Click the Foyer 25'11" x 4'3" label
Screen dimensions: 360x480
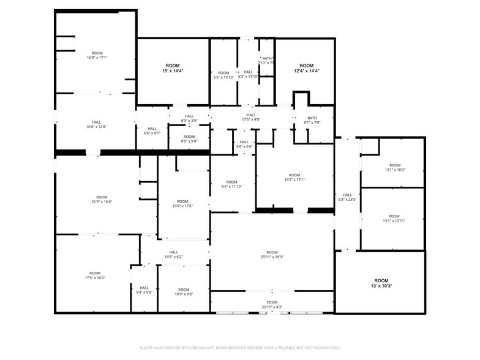[272, 304]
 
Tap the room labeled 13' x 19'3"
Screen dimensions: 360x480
[381, 283]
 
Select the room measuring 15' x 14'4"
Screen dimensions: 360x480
[173, 68]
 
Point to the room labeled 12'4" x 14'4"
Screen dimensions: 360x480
[306, 68]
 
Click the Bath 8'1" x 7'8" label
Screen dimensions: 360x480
[312, 120]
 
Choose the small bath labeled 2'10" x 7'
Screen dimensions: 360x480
[266, 61]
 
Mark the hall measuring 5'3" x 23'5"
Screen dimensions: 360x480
[347, 197]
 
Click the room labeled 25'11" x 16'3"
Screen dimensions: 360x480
[272, 255]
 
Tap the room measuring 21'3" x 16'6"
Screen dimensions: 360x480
[102, 199]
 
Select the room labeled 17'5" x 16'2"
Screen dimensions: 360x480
[95, 275]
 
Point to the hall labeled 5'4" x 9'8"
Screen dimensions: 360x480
[144, 290]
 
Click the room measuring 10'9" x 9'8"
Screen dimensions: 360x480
[184, 291]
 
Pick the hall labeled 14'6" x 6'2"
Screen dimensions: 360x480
[174, 254]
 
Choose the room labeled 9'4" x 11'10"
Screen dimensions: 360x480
[231, 184]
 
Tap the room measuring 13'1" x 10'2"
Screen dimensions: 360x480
[395, 167]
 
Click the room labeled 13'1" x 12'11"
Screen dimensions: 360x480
[394, 218]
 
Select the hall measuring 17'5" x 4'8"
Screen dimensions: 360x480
[251, 117]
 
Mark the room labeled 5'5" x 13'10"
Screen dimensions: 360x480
[223, 75]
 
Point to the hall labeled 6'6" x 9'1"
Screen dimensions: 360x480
[152, 130]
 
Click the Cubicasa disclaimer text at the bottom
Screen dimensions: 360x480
[240, 348]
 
